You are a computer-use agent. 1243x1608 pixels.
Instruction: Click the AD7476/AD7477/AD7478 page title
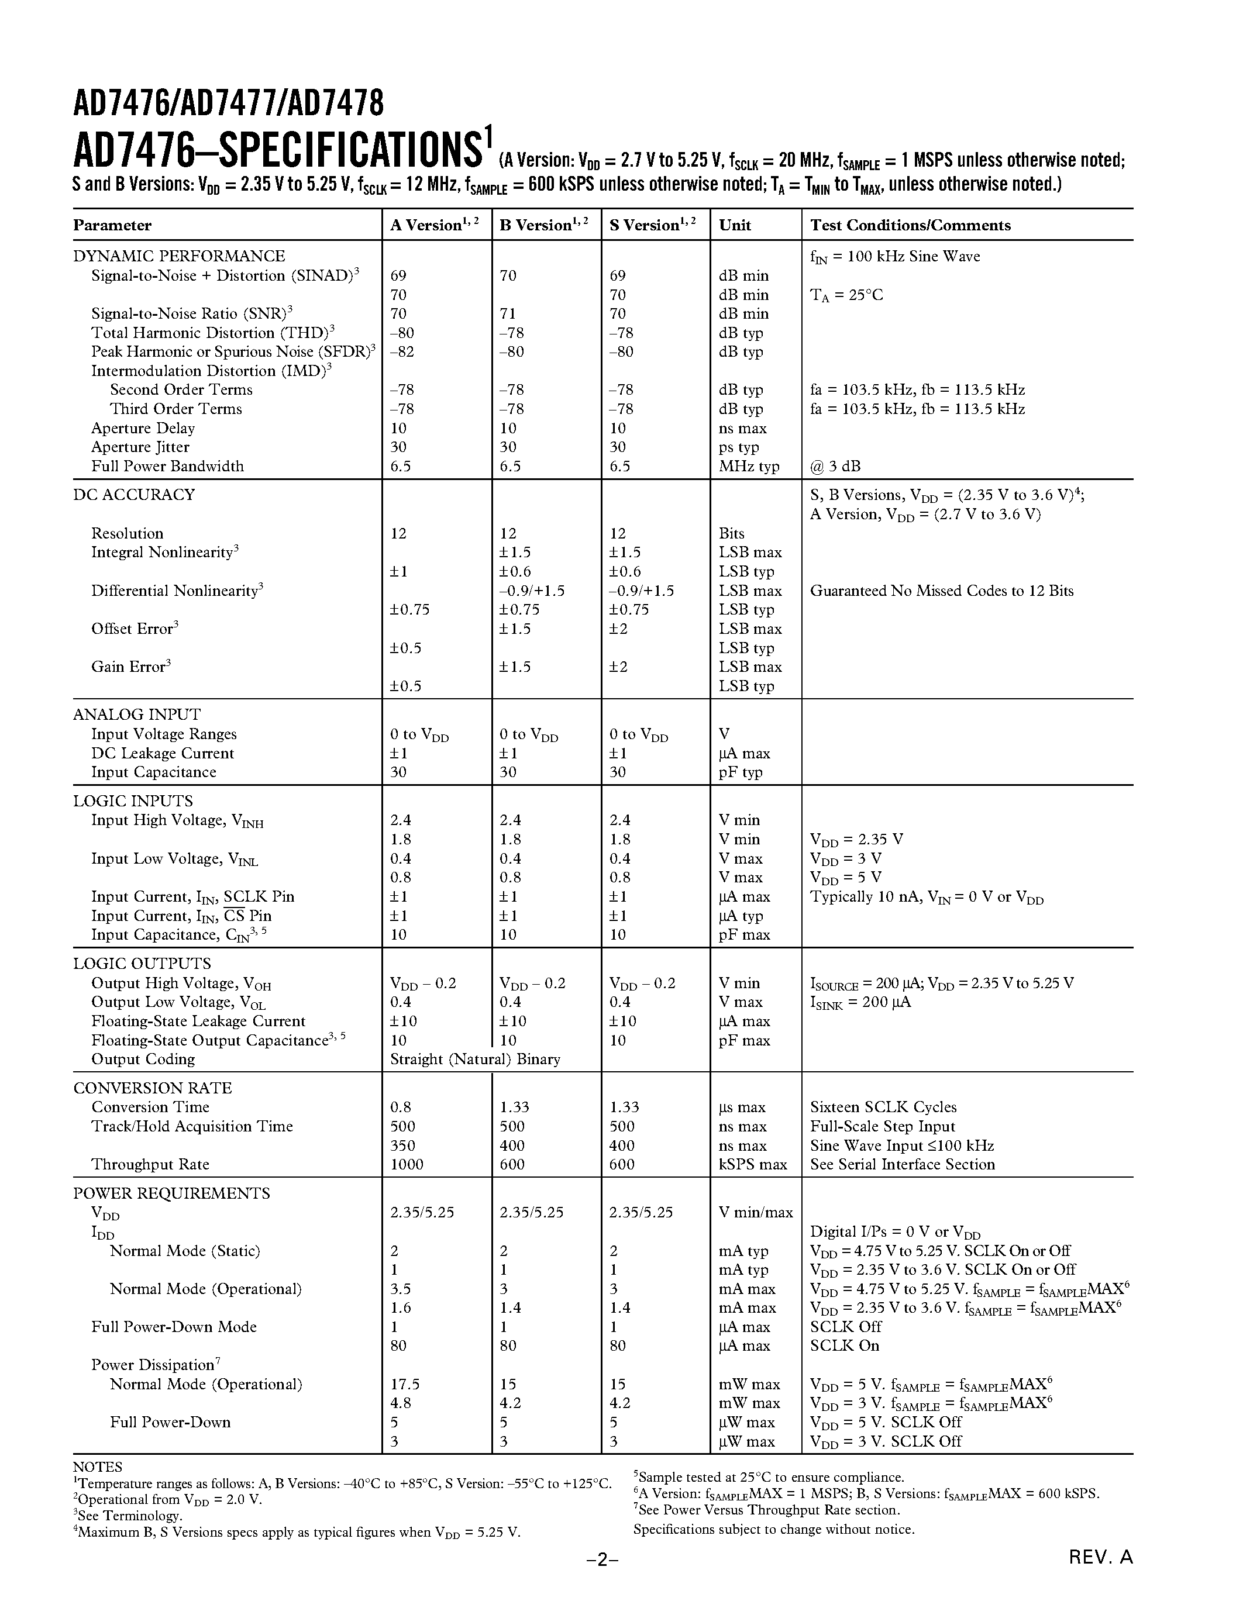pos(228,104)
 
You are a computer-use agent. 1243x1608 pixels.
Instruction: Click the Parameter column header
pos(112,225)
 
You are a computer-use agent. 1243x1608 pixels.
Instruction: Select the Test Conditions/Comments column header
pos(910,225)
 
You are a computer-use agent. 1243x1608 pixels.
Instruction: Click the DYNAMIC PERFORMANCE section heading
pos(179,256)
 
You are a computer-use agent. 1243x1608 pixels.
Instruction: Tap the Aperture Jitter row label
pos(140,447)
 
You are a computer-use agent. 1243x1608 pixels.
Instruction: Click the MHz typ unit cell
pos(748,466)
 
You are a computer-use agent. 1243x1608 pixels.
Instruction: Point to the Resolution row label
pos(127,533)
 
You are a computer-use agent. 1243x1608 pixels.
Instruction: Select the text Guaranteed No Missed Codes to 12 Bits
pos(941,591)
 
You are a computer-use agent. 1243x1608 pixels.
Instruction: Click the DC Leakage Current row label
pos(162,753)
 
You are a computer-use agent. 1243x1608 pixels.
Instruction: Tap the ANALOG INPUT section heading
pos(137,714)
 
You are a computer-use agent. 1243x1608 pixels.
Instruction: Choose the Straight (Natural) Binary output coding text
pos(475,1059)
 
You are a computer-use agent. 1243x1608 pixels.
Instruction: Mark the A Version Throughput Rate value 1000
pos(407,1164)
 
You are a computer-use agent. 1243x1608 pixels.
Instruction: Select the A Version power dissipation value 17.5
pos(405,1384)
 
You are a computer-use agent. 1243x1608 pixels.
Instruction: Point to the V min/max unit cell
pos(756,1212)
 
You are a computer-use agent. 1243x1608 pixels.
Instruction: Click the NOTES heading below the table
pos(97,1466)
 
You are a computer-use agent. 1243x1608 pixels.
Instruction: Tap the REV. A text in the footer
pos(1100,1577)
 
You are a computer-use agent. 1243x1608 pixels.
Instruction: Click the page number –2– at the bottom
pos(602,1579)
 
